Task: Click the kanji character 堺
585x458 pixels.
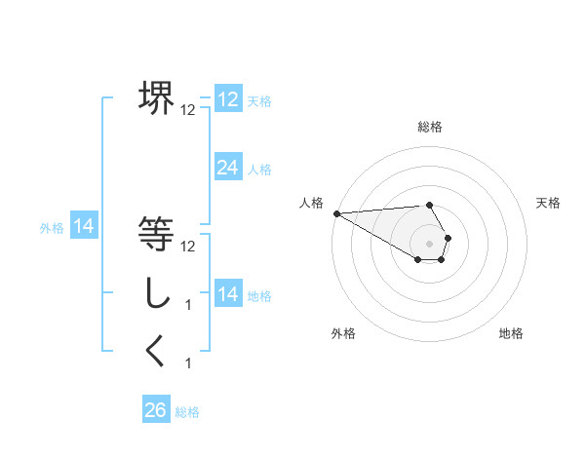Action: tap(156, 98)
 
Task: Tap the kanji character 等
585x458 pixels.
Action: tap(156, 235)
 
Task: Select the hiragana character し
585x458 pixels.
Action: tap(156, 293)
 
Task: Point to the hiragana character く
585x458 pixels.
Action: tap(156, 352)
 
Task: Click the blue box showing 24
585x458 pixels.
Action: tap(227, 168)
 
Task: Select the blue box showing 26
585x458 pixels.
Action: tap(155, 410)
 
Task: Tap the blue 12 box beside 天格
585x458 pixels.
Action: tap(227, 99)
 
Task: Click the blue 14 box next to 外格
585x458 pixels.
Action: tap(84, 227)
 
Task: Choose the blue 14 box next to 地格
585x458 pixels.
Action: tap(227, 294)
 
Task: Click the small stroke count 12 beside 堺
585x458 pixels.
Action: tap(188, 110)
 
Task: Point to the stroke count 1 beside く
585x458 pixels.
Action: tap(188, 363)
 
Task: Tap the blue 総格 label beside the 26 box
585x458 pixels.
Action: tap(187, 412)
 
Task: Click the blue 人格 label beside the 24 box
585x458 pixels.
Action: tap(259, 170)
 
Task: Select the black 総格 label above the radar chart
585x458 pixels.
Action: tap(430, 127)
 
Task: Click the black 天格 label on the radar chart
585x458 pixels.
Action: tap(549, 203)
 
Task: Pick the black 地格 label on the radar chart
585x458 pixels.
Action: tap(511, 333)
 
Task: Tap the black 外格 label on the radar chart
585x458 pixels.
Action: tap(343, 333)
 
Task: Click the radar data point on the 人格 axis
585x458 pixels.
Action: tap(336, 213)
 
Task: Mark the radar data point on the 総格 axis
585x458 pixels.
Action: tap(430, 205)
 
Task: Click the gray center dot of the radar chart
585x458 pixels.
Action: tap(430, 243)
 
